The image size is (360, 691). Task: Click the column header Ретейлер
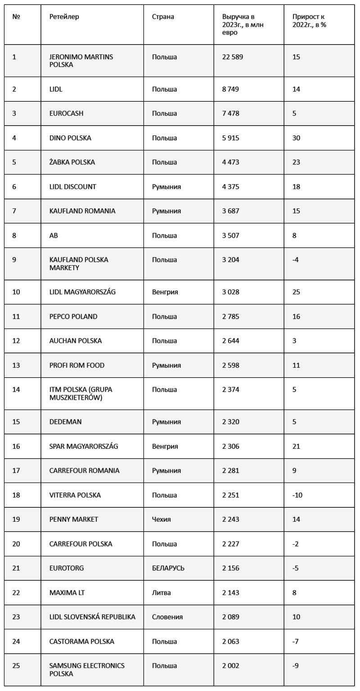coord(64,17)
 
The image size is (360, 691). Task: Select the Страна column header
coord(163,17)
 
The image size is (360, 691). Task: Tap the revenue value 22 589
coord(233,57)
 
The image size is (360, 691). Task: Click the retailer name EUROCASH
coord(66,113)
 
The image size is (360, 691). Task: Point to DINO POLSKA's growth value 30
coord(296,138)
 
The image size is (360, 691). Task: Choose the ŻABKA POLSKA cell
coord(72,162)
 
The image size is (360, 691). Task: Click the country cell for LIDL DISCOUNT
coord(166,186)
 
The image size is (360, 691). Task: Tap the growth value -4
coord(296,260)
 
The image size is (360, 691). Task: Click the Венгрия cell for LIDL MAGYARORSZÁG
coord(165,292)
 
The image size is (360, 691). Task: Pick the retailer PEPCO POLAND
coord(73,316)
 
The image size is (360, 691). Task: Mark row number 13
coord(16,365)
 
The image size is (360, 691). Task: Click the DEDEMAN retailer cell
coord(66,422)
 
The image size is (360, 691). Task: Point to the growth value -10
coord(297,495)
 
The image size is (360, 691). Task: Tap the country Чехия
coord(162,519)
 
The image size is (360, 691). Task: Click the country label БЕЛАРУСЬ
coord(168,568)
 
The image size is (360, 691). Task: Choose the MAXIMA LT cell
coord(67,592)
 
